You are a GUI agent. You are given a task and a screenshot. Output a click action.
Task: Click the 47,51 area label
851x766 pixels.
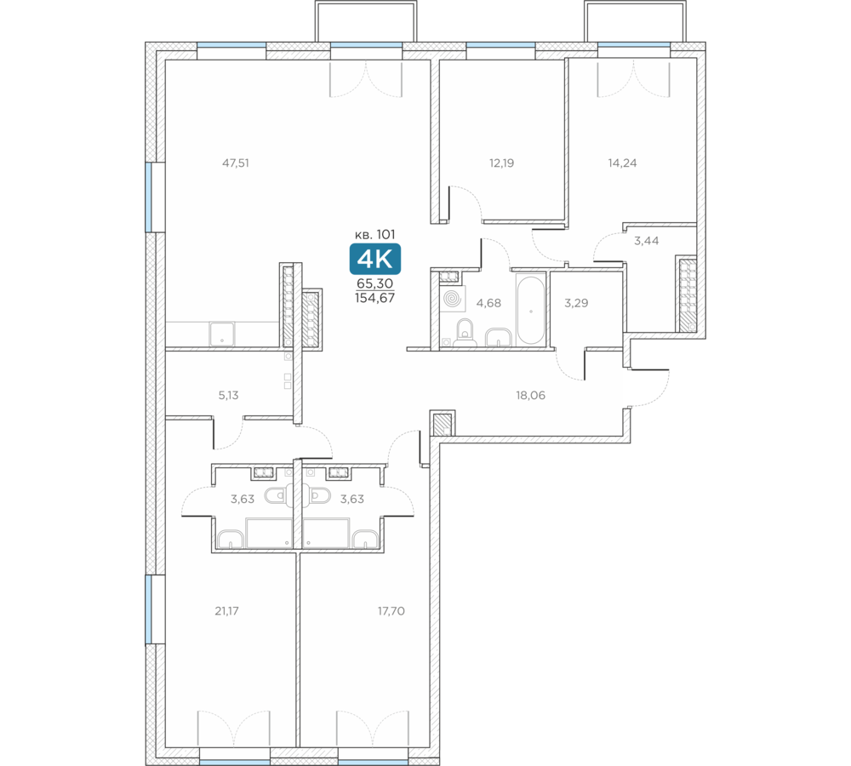point(236,163)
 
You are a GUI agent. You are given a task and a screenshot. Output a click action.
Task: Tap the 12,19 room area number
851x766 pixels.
point(501,163)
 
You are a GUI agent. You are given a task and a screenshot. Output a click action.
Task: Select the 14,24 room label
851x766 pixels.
point(622,163)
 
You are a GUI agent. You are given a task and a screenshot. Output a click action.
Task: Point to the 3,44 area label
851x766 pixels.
point(647,241)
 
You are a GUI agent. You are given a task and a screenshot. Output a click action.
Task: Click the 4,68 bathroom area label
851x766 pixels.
point(488,303)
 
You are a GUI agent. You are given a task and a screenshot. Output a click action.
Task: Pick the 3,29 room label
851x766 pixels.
point(576,303)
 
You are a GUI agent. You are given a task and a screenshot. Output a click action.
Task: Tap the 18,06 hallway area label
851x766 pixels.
point(530,395)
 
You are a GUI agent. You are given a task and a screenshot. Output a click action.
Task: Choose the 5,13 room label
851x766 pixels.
point(228,395)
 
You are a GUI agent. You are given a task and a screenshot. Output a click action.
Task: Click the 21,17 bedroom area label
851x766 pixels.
point(226,611)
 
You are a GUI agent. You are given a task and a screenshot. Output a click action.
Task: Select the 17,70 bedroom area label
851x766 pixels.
point(391,611)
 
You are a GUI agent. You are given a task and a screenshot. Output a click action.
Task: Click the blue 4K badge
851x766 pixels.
point(375,260)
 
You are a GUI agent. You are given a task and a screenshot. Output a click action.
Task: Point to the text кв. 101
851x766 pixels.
point(375,235)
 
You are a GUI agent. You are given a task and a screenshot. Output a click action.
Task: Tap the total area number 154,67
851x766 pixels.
point(375,298)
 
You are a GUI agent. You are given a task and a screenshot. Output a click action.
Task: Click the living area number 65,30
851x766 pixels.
point(375,283)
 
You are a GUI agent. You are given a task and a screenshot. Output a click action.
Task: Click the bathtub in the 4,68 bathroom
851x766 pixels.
point(530,311)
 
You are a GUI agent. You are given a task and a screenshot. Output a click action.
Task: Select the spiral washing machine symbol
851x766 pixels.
point(452,299)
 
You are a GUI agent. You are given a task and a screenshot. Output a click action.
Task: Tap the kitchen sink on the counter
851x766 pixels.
point(222,334)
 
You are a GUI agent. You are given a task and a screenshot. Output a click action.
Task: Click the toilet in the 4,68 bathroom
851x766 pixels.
point(465,334)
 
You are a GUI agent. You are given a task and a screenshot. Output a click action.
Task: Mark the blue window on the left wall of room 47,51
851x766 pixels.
point(148,197)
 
